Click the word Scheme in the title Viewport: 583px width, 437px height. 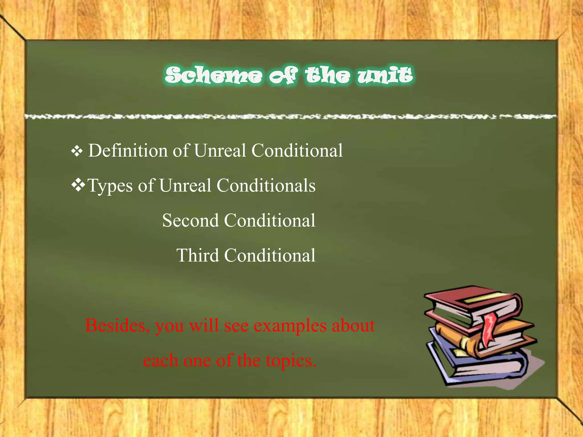(214, 75)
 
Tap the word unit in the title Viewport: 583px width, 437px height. (385, 75)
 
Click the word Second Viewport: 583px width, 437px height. (190, 220)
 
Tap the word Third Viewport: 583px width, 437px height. (198, 255)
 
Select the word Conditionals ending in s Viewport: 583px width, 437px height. (266, 185)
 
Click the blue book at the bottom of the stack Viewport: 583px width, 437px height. (484, 370)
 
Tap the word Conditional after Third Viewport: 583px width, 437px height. (270, 255)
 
